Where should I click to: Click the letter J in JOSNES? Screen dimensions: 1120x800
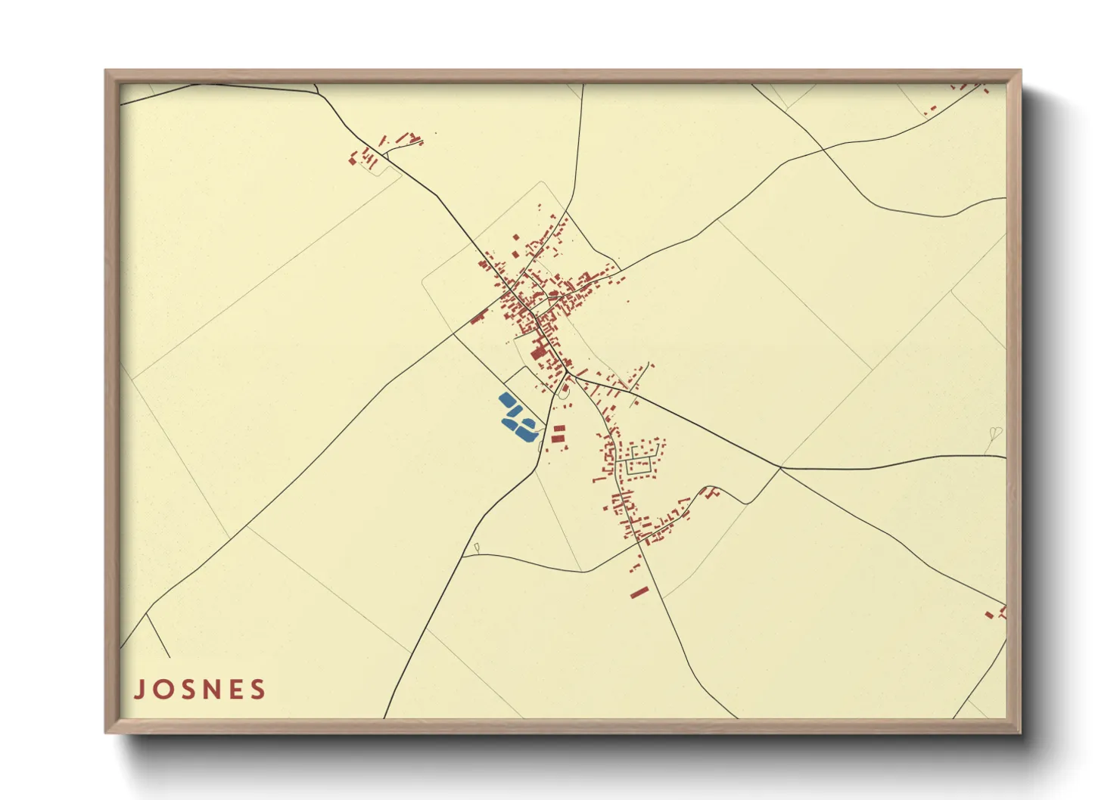(x=139, y=690)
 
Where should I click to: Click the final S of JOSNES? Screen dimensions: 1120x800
(x=258, y=690)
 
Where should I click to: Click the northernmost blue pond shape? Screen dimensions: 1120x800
(x=506, y=399)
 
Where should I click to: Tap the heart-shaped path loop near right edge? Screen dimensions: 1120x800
(x=995, y=433)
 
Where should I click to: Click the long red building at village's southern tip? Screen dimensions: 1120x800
(x=639, y=592)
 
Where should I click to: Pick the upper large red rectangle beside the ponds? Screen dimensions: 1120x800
(x=558, y=429)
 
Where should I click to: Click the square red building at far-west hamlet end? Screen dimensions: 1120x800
(x=352, y=160)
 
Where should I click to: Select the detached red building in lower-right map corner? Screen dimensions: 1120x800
(x=989, y=615)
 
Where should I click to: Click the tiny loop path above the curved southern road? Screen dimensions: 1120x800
(x=477, y=547)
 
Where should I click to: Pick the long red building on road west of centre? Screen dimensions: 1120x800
(x=478, y=317)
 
